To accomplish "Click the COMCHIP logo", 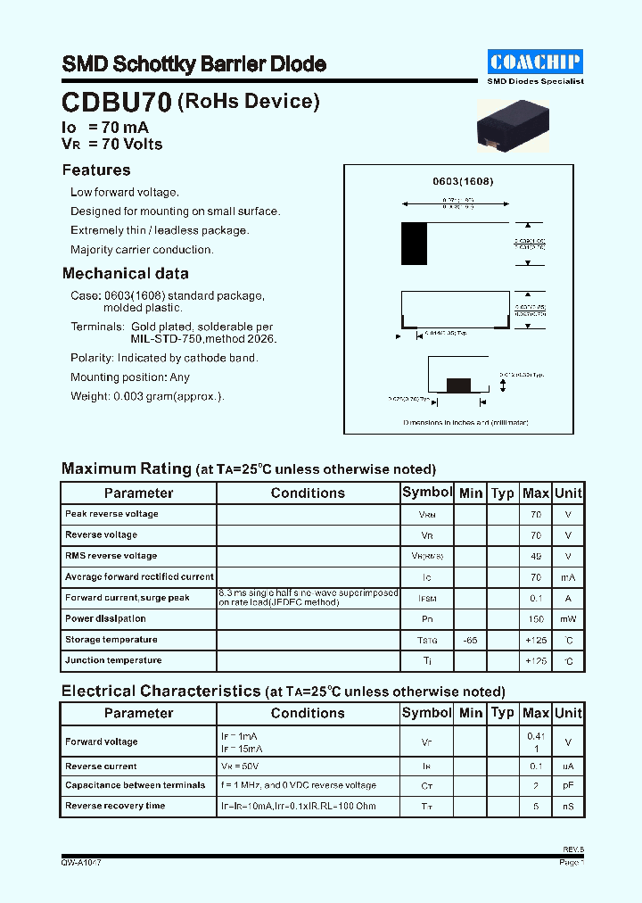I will [536, 62].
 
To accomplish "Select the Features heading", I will [96, 170].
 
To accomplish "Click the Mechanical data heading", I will [125, 274].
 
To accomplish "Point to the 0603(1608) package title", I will [463, 181].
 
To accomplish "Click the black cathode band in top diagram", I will [414, 244].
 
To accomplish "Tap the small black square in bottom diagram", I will [458, 385].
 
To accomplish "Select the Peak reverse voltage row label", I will [111, 514].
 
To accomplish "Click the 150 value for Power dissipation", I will [536, 619].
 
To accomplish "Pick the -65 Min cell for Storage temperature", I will [471, 641].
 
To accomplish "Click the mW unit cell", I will [568, 619].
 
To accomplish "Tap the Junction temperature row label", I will [113, 661].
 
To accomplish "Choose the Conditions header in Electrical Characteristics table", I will [308, 713].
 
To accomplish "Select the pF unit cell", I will [568, 786].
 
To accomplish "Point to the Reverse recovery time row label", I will [115, 807].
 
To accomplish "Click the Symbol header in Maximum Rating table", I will [427, 493].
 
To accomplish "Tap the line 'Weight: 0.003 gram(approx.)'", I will [147, 396].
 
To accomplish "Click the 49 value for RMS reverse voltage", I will [536, 556].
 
